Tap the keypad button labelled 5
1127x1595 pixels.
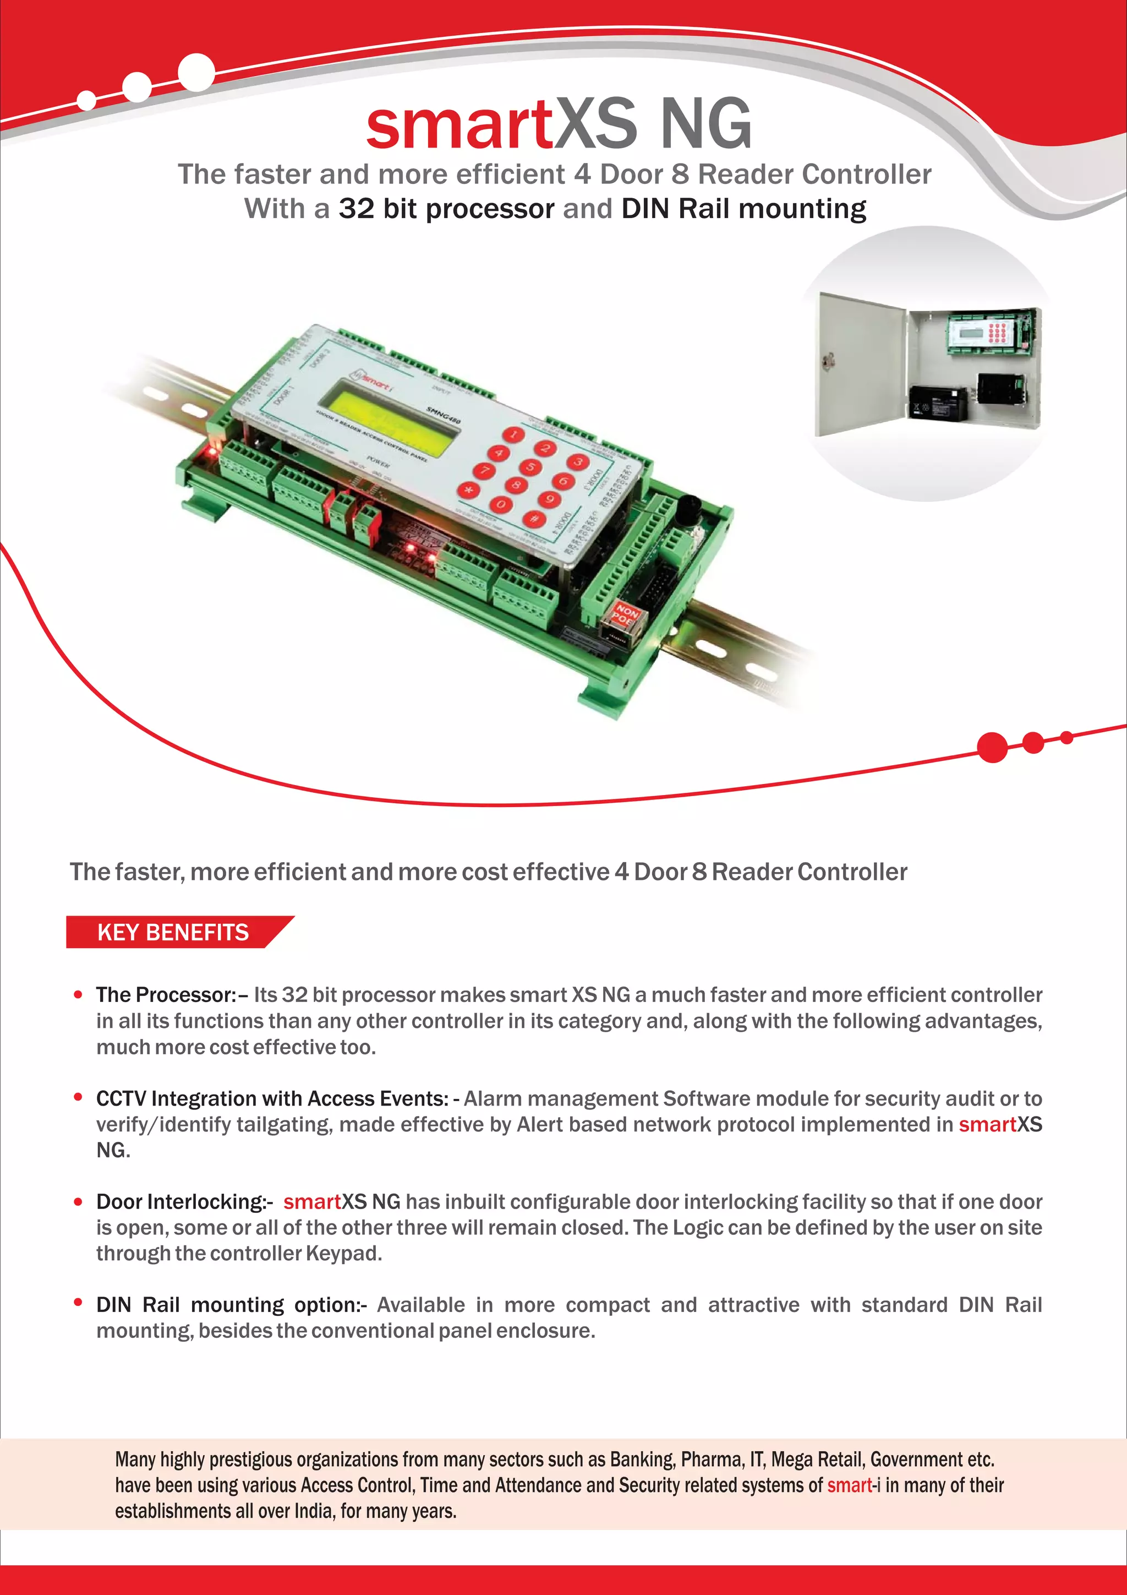530,467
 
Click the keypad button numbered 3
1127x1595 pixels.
577,462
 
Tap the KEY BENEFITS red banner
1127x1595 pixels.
173,932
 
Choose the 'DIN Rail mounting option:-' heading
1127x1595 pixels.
231,1305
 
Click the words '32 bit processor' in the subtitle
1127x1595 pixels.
446,209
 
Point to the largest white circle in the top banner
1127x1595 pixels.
196,72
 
